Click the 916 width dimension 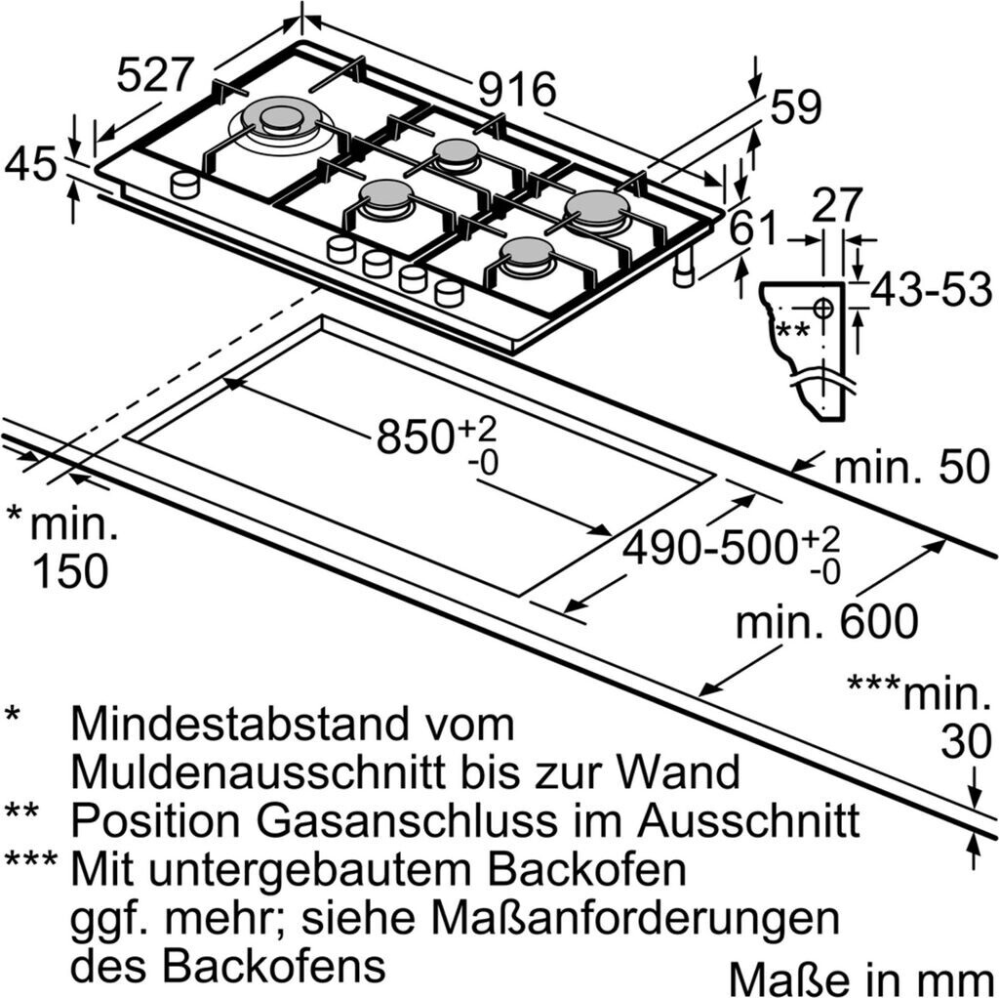pyautogui.click(x=517, y=91)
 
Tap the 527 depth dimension pyautogui.click(x=157, y=76)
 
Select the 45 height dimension pyautogui.click(x=30, y=165)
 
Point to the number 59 pyautogui.click(x=796, y=107)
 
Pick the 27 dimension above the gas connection pyautogui.click(x=838, y=205)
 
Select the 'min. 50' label pyautogui.click(x=911, y=469)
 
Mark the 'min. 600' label pyautogui.click(x=826, y=622)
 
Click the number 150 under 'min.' pyautogui.click(x=69, y=571)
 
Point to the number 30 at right pyautogui.click(x=966, y=743)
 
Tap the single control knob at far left pyautogui.click(x=184, y=183)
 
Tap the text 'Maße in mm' pyautogui.click(x=856, y=977)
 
